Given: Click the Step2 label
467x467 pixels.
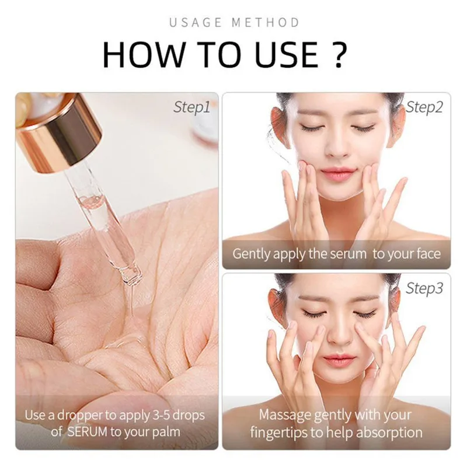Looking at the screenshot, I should (424, 107).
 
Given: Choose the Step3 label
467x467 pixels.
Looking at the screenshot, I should (424, 288).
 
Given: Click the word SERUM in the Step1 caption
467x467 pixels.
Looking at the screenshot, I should (89, 433).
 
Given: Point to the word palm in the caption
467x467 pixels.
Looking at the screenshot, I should (165, 433).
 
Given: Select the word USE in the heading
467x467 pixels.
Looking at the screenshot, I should (288, 55).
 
